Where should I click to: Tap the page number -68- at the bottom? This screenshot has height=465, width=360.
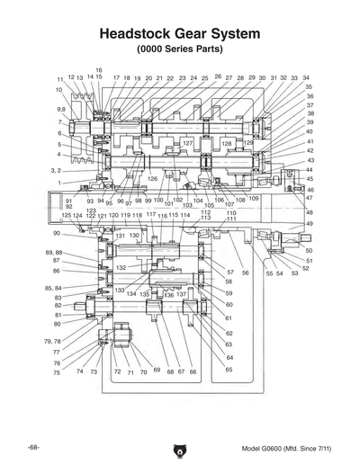click(x=33, y=447)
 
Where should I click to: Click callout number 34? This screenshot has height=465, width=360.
click(x=306, y=78)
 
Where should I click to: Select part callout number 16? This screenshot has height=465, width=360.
click(x=99, y=70)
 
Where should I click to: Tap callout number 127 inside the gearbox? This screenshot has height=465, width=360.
click(x=187, y=143)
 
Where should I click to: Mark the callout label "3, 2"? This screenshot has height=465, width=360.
click(x=55, y=170)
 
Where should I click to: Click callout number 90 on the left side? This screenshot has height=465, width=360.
click(x=56, y=233)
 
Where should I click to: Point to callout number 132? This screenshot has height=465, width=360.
click(x=121, y=267)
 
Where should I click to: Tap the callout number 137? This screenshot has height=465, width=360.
click(x=181, y=294)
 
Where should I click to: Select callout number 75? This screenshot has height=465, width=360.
click(x=56, y=371)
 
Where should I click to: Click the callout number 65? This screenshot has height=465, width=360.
click(x=229, y=369)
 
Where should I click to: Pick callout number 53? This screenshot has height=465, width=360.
click(x=294, y=273)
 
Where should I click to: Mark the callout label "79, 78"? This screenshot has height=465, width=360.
click(x=52, y=342)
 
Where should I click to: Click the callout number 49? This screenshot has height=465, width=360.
click(x=309, y=223)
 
